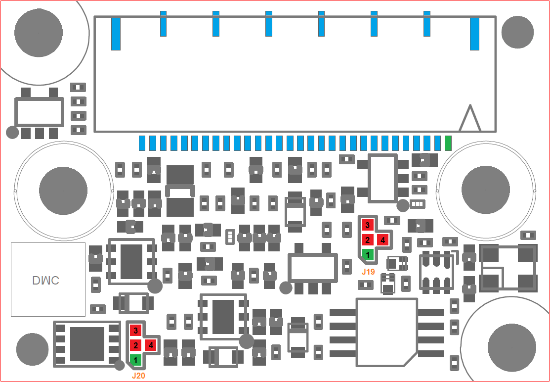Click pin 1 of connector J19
(368, 254)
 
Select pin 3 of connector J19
(368, 224)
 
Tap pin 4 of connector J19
(382, 240)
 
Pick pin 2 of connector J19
(368, 240)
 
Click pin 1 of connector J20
(135, 360)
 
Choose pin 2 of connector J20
(135, 345)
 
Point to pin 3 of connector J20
(135, 330)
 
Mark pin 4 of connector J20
(151, 345)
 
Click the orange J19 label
(368, 271)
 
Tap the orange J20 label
(138, 376)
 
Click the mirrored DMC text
(45, 280)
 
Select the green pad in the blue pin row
(448, 143)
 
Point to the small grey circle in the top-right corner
(518, 32)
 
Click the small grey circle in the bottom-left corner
(32, 349)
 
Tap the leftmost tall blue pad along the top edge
(116, 33)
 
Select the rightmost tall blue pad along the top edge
(474, 33)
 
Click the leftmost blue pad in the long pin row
(142, 143)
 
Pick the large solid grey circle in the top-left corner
(39, 33)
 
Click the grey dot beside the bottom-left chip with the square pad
(120, 366)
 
